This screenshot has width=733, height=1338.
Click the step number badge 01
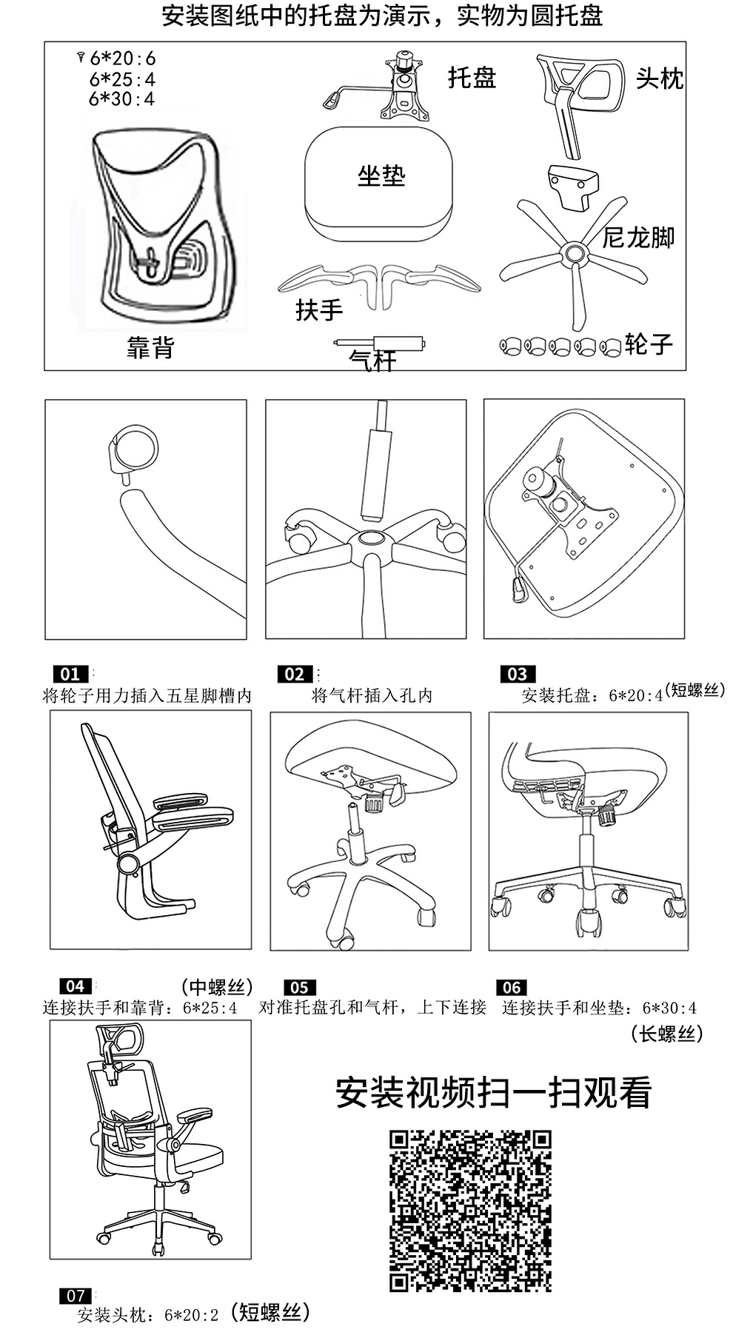(x=70, y=674)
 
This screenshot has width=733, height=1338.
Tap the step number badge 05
(x=299, y=987)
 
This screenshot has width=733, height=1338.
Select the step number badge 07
(x=76, y=1296)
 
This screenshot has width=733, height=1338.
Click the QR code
(x=471, y=1211)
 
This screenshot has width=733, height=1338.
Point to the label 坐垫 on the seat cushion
(x=381, y=175)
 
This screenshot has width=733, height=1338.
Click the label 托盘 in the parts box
(x=472, y=77)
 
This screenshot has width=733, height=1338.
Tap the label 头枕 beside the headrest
(x=659, y=78)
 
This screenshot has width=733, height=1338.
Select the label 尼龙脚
(x=638, y=237)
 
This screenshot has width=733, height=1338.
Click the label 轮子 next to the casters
(x=649, y=344)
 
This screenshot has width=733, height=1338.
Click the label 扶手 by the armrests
(x=319, y=309)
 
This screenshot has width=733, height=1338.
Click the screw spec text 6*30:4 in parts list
(x=122, y=98)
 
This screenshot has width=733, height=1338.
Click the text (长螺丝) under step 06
(x=667, y=1034)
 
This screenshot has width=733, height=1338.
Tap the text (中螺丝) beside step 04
(x=217, y=987)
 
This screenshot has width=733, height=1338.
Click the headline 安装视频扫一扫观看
(x=493, y=1093)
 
